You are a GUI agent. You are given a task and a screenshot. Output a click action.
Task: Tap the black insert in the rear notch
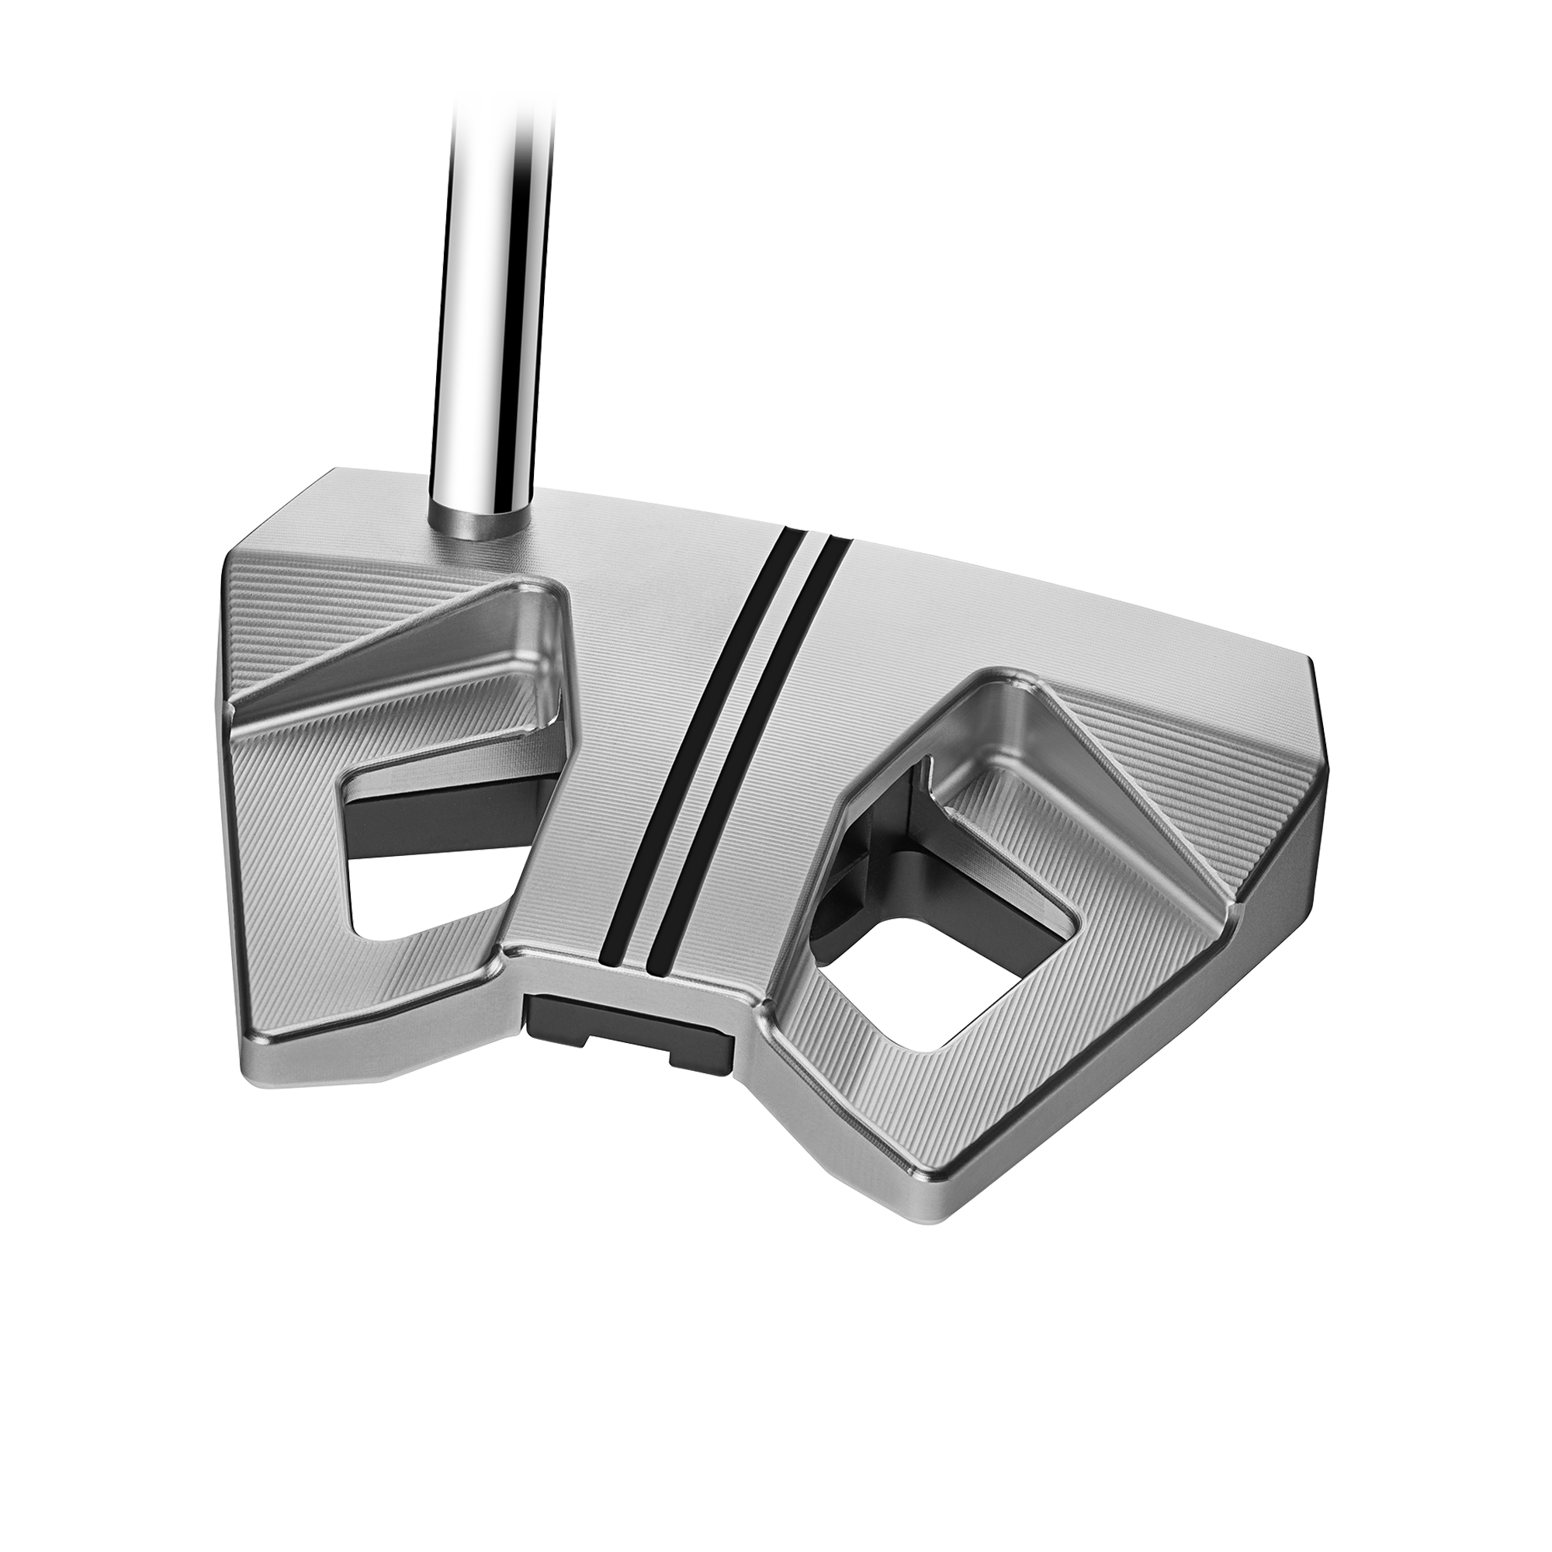(626, 1017)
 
